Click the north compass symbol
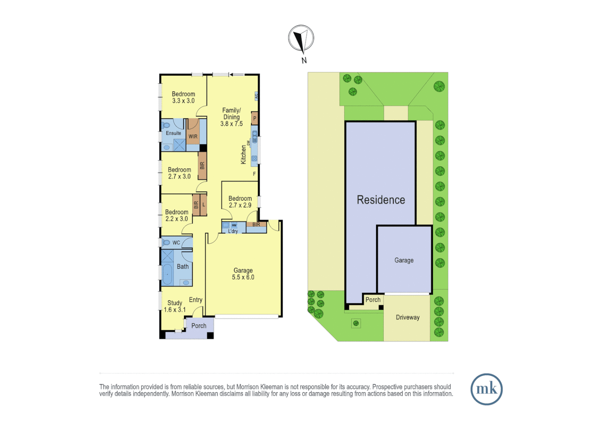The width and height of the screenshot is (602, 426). (301, 39)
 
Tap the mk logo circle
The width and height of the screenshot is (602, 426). (486, 389)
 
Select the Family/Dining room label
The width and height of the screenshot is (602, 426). (231, 117)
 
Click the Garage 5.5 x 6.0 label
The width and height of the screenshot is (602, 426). (243, 274)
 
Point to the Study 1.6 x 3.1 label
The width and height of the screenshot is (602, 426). (175, 306)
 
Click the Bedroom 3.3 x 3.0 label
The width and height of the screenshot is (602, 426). (183, 97)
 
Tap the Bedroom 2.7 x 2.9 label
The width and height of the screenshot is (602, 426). (240, 202)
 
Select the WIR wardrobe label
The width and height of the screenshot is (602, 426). (193, 136)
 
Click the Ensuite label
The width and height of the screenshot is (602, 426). (173, 133)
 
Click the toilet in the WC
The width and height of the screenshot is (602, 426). (166, 242)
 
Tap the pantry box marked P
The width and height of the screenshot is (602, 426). (255, 118)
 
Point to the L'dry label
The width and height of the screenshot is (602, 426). (233, 231)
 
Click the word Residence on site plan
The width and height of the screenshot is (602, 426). (381, 200)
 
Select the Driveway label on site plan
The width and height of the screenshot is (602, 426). (407, 318)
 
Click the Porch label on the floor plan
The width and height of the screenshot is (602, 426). (199, 326)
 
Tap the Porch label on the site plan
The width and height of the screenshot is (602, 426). (373, 300)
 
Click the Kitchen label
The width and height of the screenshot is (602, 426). (243, 154)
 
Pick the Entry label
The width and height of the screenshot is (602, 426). (195, 300)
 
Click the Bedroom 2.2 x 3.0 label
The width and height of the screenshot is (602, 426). (177, 215)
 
